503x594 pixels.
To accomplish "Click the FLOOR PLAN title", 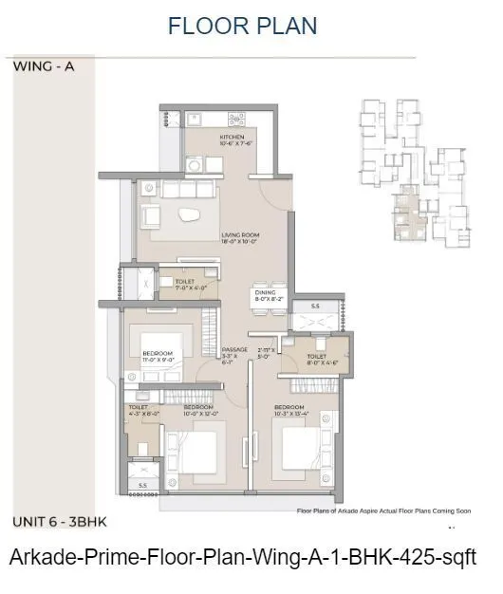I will [x=242, y=26].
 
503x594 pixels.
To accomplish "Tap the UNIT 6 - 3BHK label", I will [x=60, y=522].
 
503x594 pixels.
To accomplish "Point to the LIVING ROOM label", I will [x=242, y=237].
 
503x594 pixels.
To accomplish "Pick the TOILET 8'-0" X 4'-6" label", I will [x=318, y=360].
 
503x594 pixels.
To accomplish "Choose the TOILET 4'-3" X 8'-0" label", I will [x=140, y=409].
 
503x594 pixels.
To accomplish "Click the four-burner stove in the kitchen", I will [x=234, y=121].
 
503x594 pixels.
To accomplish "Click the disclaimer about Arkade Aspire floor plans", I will [x=382, y=510].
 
